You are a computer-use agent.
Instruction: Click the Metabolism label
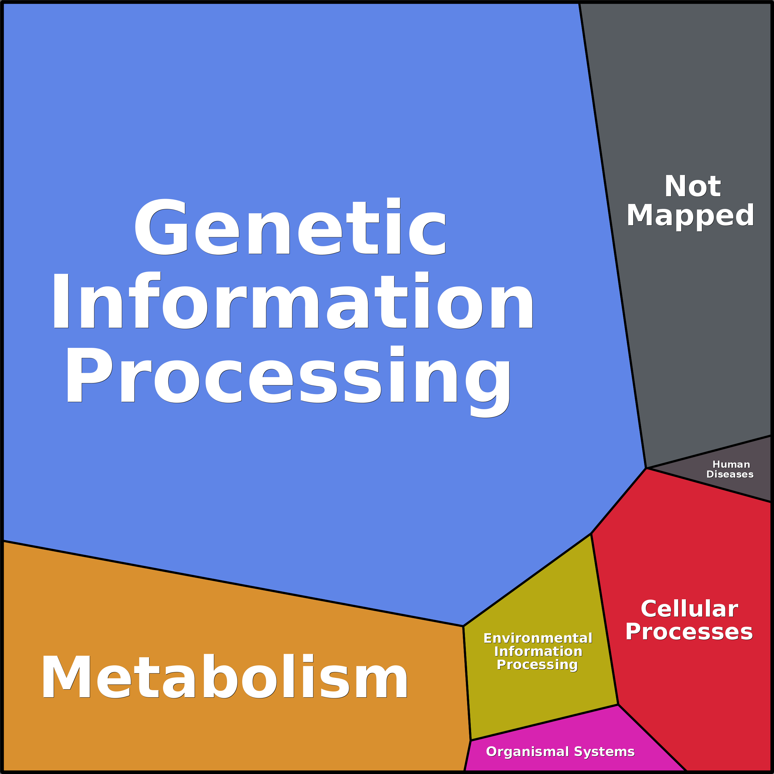[224, 677]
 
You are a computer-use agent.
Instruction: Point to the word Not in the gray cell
[693, 187]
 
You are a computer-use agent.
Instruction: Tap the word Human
[731, 464]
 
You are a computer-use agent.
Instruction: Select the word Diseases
[730, 474]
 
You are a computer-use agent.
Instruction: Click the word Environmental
[538, 638]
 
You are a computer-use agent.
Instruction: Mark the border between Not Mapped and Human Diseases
[709, 451]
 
